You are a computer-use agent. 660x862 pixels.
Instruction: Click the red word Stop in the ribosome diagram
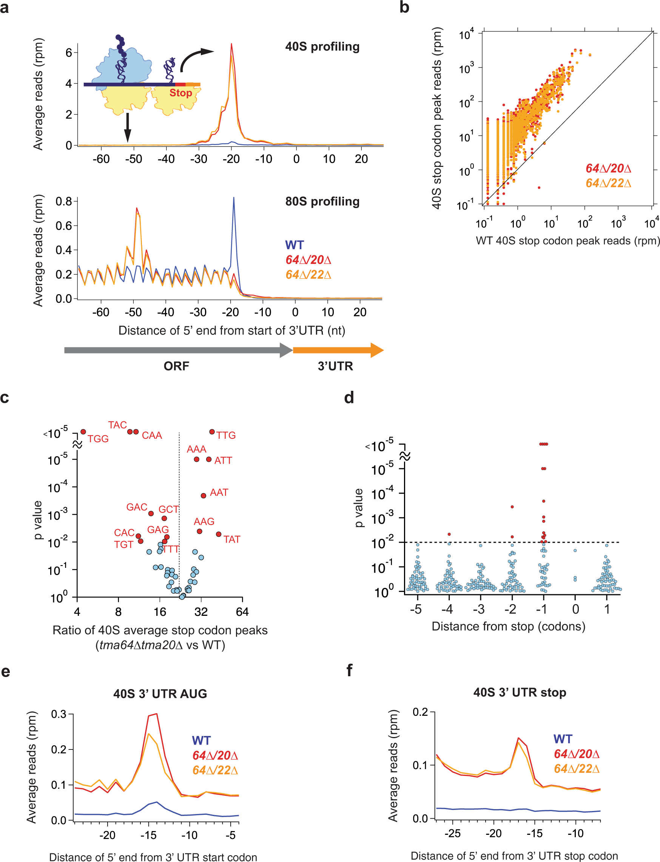pos(180,93)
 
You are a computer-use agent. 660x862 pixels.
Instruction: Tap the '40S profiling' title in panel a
pos(322,46)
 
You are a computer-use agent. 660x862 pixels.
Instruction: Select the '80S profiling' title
pos(322,201)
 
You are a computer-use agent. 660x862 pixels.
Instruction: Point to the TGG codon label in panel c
pos(98,438)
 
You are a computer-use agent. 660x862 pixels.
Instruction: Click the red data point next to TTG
pos(212,432)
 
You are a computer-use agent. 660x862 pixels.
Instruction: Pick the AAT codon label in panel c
pos(219,492)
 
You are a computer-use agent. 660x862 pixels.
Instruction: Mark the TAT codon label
pos(232,539)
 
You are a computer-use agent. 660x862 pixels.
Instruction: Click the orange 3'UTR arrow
pos(338,350)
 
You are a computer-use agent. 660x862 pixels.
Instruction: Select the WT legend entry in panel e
pos(201,740)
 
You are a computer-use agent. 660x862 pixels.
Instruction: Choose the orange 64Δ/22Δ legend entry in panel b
pos(608,183)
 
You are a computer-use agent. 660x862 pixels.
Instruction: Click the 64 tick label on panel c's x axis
pos(242,612)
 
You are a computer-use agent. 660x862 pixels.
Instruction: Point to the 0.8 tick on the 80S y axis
pos(64,202)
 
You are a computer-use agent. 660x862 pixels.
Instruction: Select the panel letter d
pos(349,398)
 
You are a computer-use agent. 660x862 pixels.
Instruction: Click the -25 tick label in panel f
pos(452,833)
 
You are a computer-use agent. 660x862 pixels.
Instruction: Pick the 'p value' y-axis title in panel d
pos(359,507)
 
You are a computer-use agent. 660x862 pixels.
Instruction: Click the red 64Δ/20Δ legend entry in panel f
pos(576,754)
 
